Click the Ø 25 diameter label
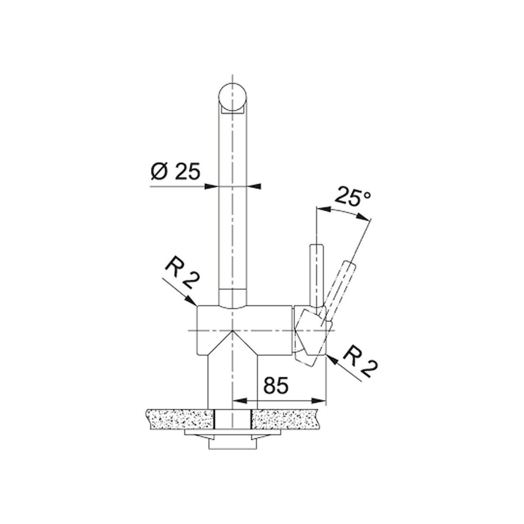[x=176, y=172]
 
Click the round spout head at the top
[x=232, y=97]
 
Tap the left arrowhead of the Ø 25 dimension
[x=211, y=186]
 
